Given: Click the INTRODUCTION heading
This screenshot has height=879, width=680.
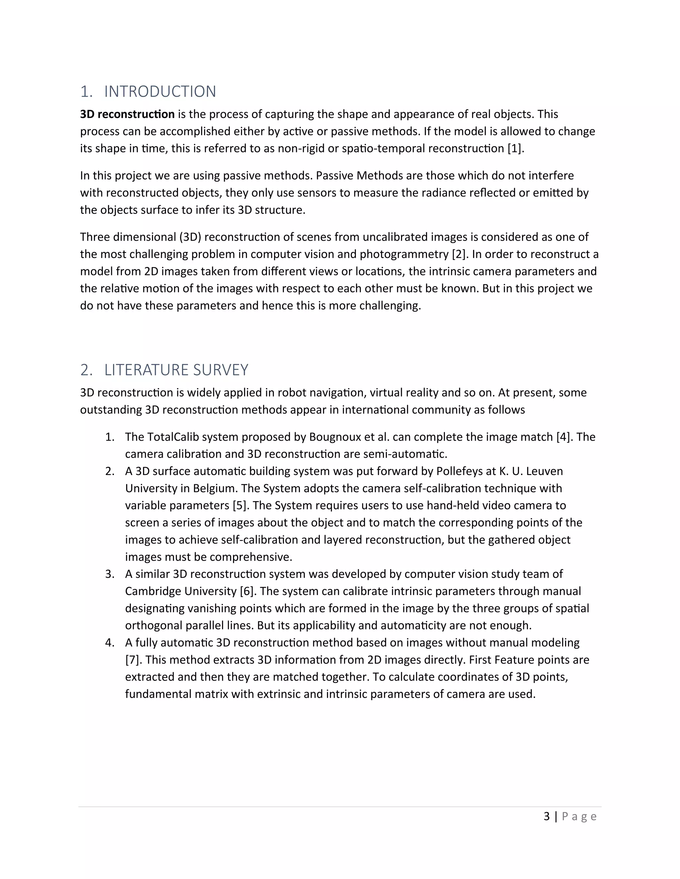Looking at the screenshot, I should [x=160, y=92].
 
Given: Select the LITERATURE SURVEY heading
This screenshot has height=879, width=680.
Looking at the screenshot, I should [x=176, y=370].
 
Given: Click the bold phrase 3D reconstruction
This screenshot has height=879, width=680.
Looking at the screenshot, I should [x=127, y=114].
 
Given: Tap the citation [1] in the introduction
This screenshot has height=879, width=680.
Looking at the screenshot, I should [x=515, y=149].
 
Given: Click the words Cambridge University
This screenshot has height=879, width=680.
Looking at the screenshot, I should [x=181, y=591].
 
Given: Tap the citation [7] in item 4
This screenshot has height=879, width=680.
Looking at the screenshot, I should [x=133, y=660].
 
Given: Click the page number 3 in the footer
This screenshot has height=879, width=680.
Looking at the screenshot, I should [x=547, y=817].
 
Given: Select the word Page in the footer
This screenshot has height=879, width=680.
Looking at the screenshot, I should [x=579, y=817].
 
